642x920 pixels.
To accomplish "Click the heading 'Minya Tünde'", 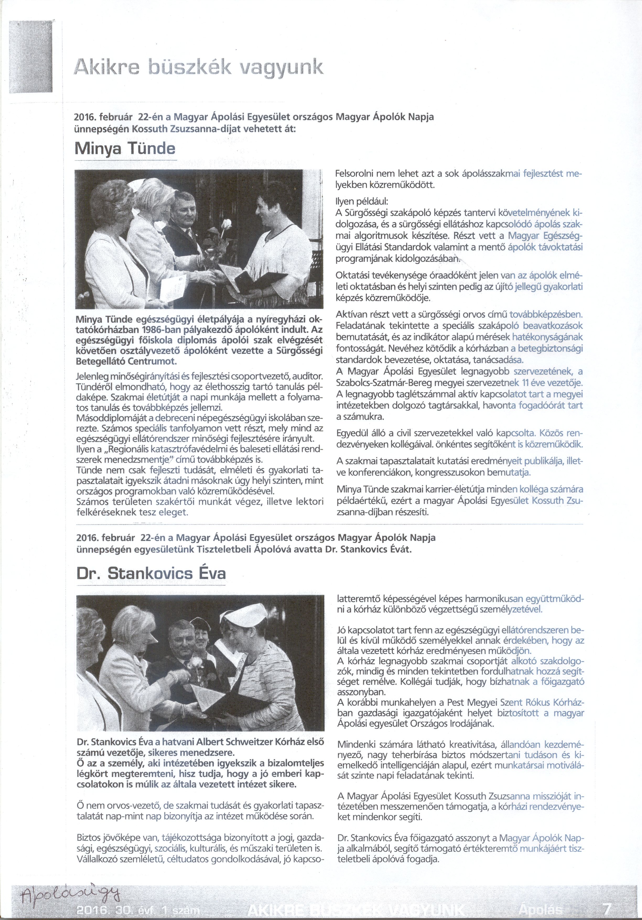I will [125, 149].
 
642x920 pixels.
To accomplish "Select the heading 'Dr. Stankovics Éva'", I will [151, 574].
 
